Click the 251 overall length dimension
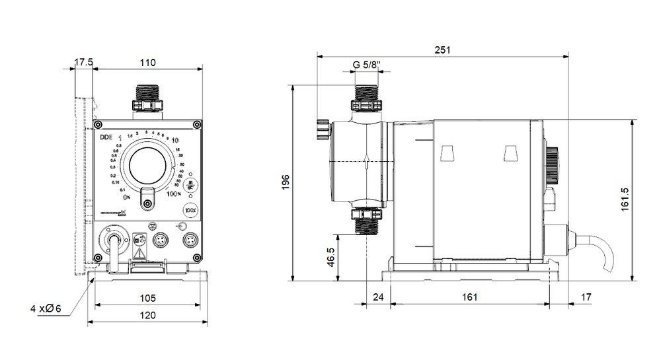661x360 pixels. click(x=441, y=51)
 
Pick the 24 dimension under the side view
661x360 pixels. click(x=378, y=297)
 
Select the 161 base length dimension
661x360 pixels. click(x=468, y=297)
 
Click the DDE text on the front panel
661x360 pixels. click(x=106, y=137)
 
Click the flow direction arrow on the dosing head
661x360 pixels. click(x=367, y=162)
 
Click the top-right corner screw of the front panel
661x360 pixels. click(x=196, y=125)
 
